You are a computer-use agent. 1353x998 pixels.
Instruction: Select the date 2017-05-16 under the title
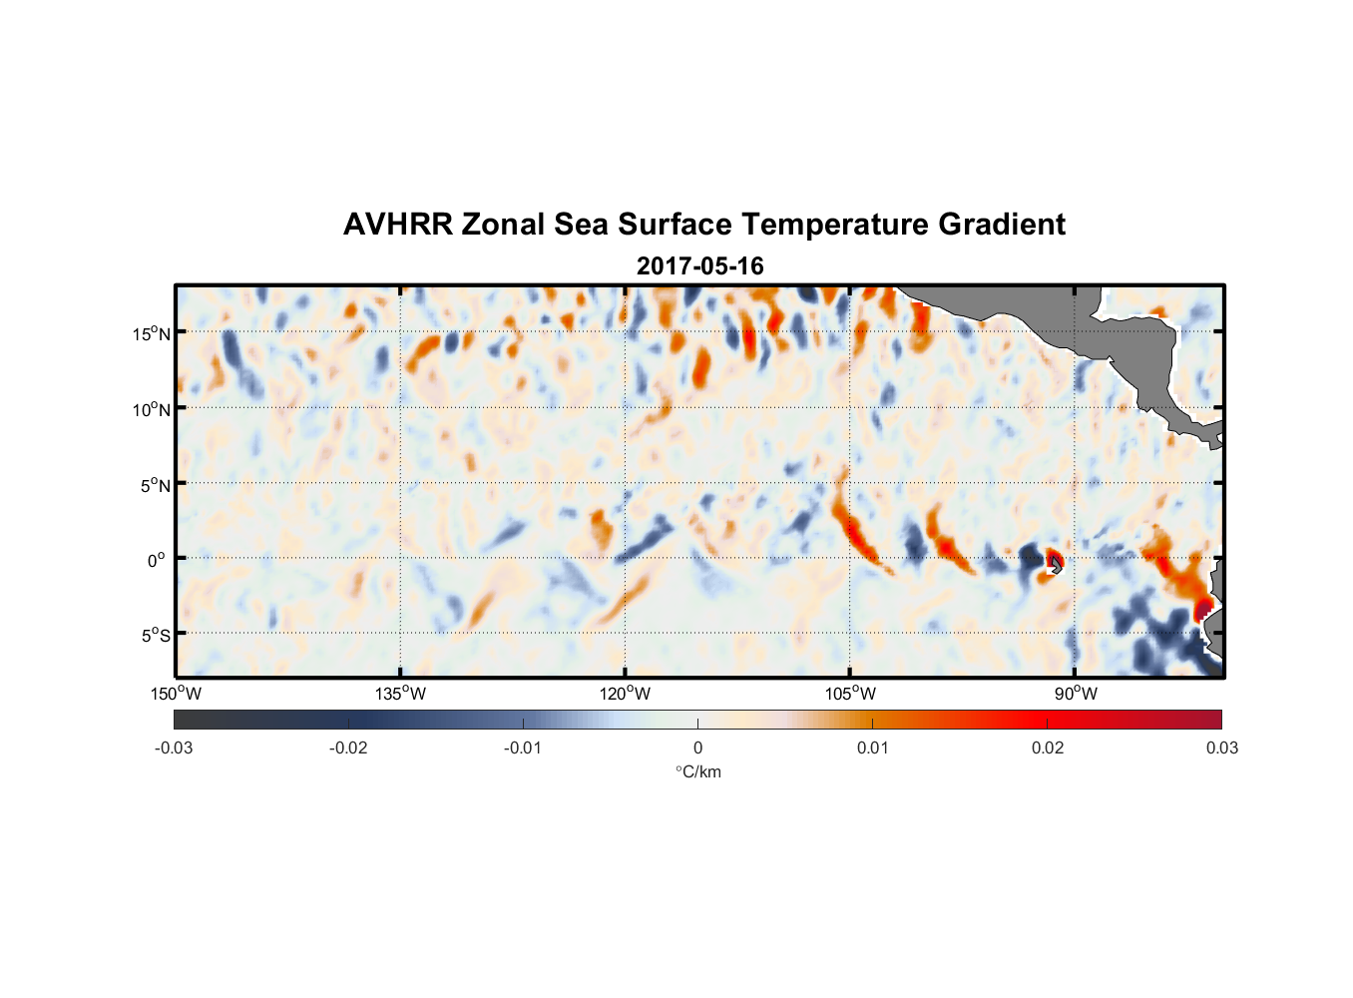point(699,266)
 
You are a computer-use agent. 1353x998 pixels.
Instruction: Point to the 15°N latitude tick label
point(152,333)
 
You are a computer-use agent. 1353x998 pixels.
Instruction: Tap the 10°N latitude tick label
point(152,409)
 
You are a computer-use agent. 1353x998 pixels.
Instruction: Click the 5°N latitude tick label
point(155,485)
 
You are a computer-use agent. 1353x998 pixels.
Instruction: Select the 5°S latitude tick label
point(155,636)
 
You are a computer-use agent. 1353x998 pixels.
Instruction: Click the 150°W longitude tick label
point(177,694)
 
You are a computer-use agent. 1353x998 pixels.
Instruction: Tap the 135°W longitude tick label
point(401,694)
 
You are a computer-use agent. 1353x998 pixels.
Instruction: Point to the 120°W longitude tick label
point(626,694)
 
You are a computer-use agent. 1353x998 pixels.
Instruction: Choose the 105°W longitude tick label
point(850,694)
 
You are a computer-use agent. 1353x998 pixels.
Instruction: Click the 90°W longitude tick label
point(1076,694)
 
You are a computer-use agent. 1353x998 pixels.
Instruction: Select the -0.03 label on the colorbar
point(174,748)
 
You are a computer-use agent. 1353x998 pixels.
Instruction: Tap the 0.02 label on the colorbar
point(1047,748)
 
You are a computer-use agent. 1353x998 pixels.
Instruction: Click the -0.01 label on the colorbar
point(523,748)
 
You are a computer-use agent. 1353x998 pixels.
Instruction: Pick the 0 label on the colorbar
point(697,748)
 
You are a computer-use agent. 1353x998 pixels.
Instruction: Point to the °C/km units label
point(697,771)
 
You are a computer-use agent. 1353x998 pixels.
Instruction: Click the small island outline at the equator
point(1056,565)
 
